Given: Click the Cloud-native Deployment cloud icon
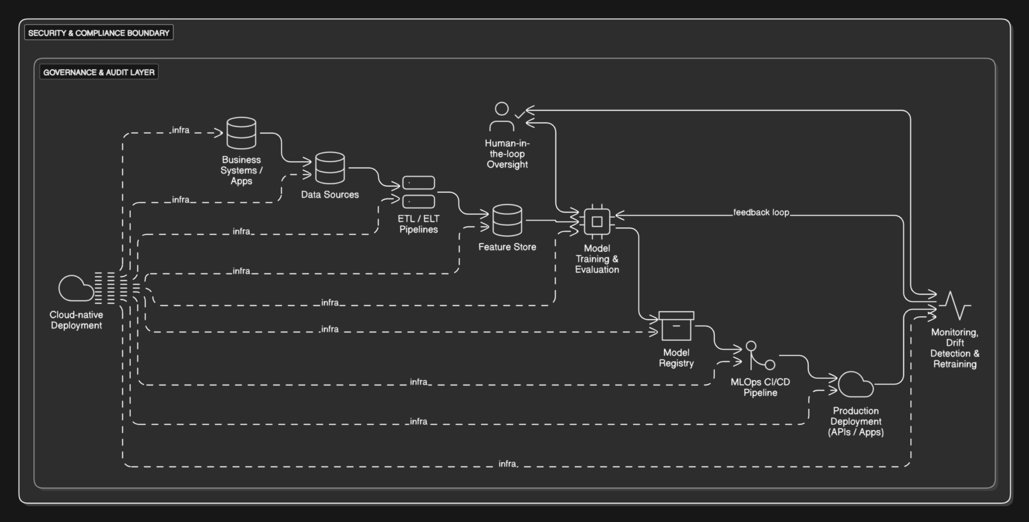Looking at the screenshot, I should click(x=76, y=288).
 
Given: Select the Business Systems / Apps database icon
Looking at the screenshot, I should click(x=241, y=133).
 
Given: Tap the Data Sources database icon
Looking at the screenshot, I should click(x=330, y=168).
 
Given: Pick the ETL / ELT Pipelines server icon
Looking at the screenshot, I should click(x=419, y=192).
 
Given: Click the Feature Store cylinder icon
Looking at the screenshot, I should click(x=507, y=220).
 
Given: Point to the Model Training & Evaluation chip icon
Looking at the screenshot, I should click(x=597, y=221).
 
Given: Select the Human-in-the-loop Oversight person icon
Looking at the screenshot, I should click(x=502, y=117).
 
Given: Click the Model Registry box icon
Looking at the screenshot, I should click(x=676, y=326).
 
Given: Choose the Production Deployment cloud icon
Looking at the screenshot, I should click(x=855, y=384).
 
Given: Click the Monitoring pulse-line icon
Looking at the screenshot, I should click(x=955, y=306).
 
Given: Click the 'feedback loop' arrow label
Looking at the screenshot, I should click(x=761, y=212).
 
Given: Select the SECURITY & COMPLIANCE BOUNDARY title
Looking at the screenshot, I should click(x=98, y=33).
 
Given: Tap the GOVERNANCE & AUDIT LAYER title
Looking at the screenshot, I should click(x=98, y=72).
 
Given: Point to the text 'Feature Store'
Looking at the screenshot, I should click(x=507, y=247).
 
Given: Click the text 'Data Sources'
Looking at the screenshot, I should click(x=330, y=194).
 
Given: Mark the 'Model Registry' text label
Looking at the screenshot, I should click(x=676, y=358).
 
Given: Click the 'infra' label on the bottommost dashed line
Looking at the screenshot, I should click(x=507, y=464).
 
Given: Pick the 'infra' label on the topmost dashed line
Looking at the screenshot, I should click(x=180, y=130).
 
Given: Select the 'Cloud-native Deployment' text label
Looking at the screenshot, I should click(x=76, y=320).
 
